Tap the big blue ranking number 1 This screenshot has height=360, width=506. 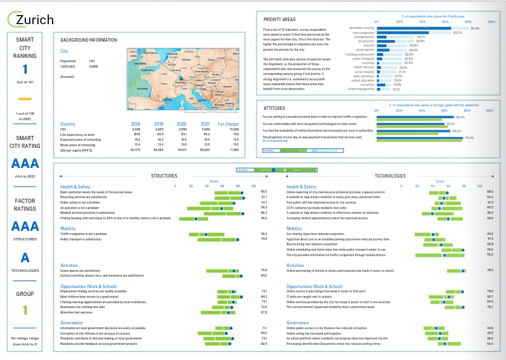coord(25,69)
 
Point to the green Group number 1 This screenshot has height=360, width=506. coord(25,310)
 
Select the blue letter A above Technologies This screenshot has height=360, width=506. coord(25,257)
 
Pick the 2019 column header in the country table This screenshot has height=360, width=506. coord(159,123)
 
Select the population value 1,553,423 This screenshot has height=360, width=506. coord(68,66)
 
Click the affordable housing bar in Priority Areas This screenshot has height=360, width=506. coord(414,28)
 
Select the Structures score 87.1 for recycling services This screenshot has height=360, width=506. coord(264,197)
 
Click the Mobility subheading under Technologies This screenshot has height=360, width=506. coord(294,229)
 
